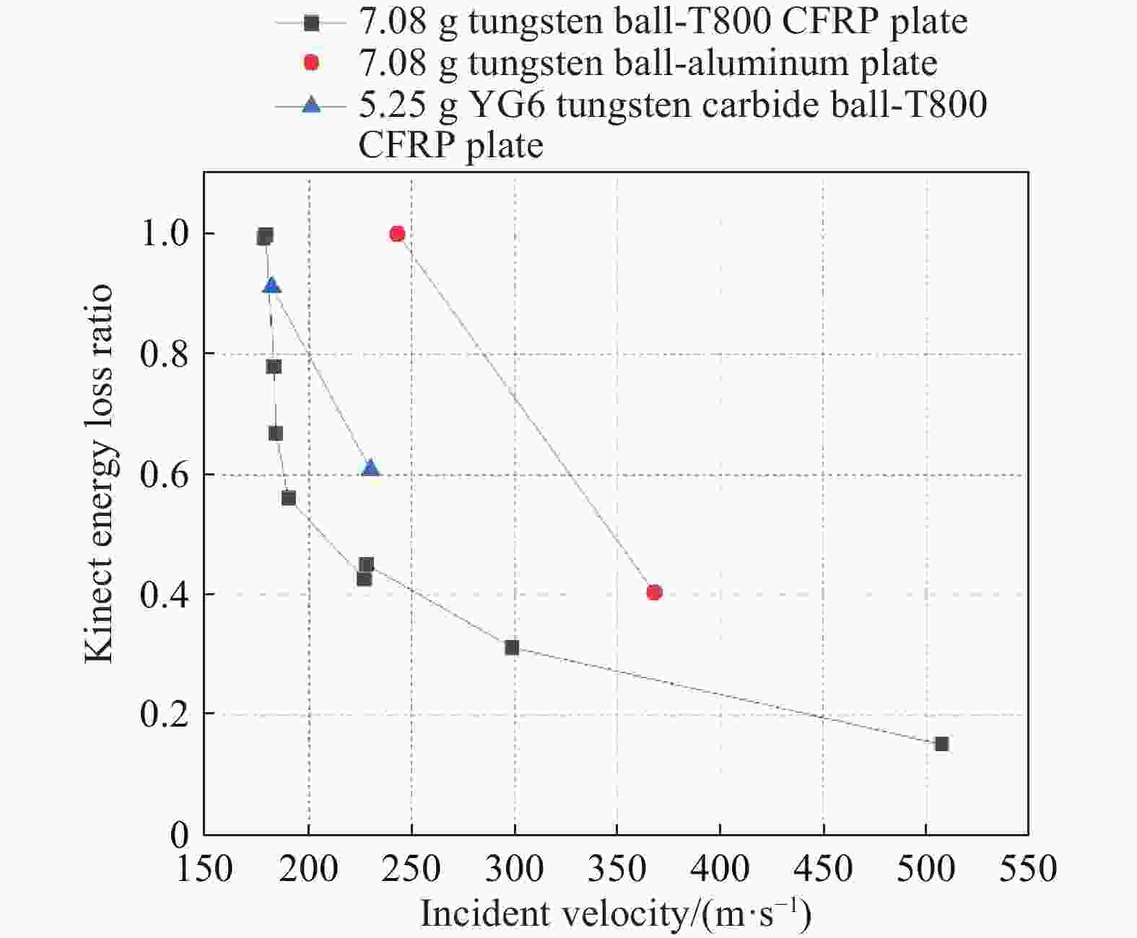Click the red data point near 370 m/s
tap(654, 592)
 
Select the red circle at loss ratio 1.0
tap(397, 234)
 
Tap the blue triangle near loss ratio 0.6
tap(370, 468)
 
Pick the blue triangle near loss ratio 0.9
tap(271, 286)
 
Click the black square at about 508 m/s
tap(941, 744)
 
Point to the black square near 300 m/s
tap(512, 647)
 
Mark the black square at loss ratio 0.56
tap(289, 498)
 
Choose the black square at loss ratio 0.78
tap(274, 367)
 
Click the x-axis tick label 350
tap(617, 868)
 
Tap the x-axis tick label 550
tap(1027, 868)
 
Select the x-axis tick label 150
tap(205, 868)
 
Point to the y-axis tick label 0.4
tap(164, 595)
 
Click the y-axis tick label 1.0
tap(164, 234)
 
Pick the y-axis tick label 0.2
tap(164, 714)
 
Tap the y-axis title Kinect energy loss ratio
tap(99, 473)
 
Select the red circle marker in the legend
tap(311, 63)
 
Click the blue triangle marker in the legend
tap(311, 105)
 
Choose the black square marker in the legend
tap(311, 23)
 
